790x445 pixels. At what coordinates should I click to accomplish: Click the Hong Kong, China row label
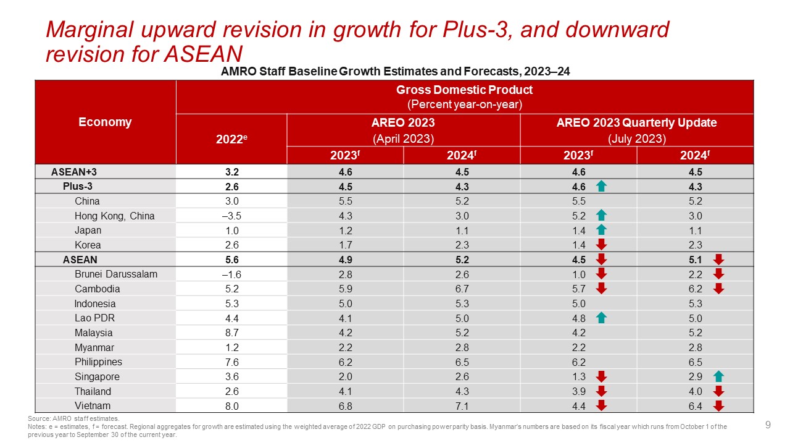114,216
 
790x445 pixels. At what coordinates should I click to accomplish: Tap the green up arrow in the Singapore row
718,376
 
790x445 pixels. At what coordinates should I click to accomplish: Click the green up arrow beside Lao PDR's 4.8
602,318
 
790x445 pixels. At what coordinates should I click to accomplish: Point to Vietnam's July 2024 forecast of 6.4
694,406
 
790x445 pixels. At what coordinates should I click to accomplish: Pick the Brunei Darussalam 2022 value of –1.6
231,274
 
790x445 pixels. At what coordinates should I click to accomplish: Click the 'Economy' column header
105,122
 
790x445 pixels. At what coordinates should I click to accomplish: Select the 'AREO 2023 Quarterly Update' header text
636,122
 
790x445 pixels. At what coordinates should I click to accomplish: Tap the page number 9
768,425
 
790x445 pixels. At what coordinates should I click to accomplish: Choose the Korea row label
88,245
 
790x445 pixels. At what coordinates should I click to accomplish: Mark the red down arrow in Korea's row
602,245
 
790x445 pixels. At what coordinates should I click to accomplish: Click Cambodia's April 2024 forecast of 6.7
461,289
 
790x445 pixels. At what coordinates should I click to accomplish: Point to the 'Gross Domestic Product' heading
464,90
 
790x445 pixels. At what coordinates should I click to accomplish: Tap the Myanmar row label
94,347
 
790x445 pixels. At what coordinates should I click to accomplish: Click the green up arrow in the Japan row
602,231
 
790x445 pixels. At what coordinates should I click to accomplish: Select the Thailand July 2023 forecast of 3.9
578,391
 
